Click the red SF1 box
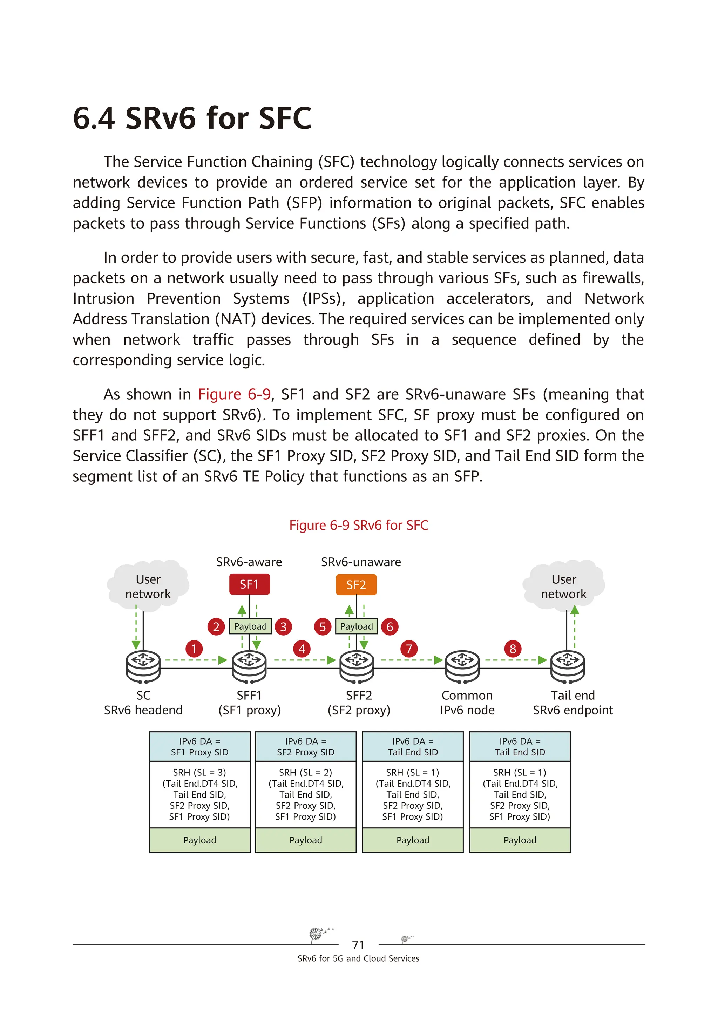click(249, 584)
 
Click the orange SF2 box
click(356, 585)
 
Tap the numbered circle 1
click(194, 649)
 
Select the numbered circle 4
click(302, 649)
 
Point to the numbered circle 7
click(409, 649)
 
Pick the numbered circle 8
click(513, 649)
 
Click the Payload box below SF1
click(250, 626)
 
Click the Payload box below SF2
click(357, 626)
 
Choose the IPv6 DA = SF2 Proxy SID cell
click(306, 746)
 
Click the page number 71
click(358, 945)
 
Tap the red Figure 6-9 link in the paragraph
click(234, 394)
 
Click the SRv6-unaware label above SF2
click(361, 562)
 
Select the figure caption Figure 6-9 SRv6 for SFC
click(359, 526)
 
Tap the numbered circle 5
click(323, 627)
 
